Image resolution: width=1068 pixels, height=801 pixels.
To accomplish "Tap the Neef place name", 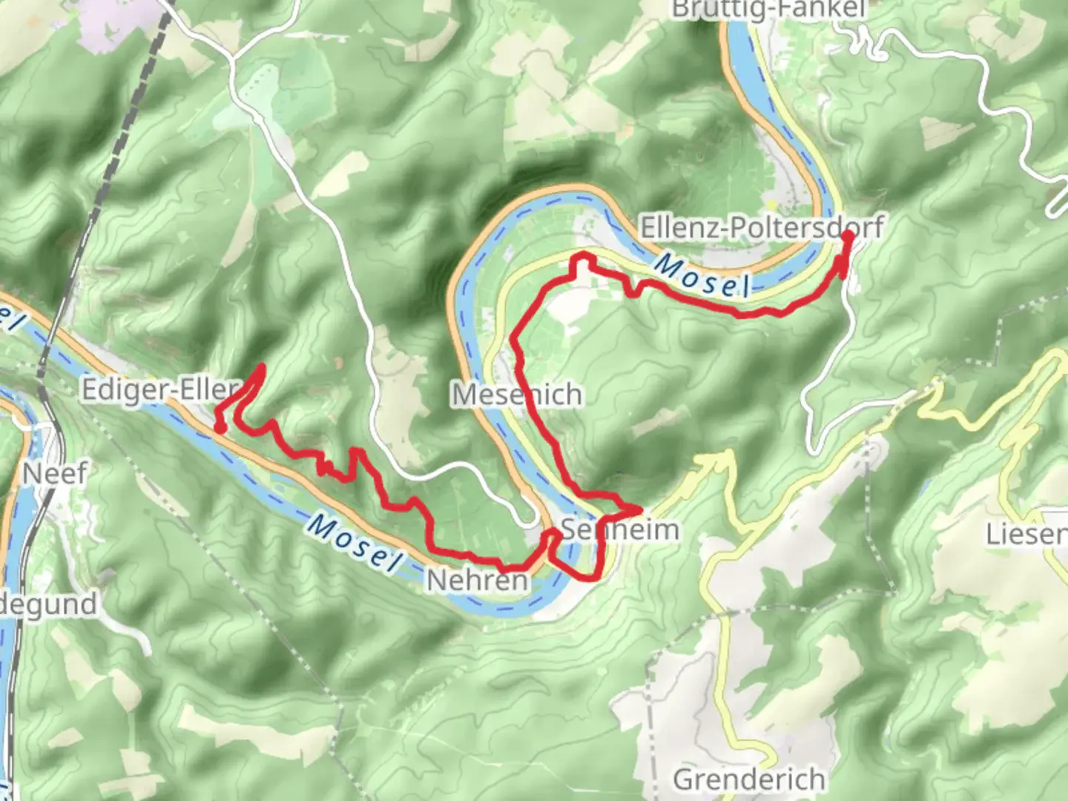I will pyautogui.click(x=56, y=472).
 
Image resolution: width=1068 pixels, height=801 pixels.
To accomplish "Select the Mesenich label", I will pyautogui.click(x=517, y=395).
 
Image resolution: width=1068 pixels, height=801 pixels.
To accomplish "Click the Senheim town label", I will pyautogui.click(x=620, y=530).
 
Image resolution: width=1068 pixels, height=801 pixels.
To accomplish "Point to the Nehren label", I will pyautogui.click(x=478, y=581).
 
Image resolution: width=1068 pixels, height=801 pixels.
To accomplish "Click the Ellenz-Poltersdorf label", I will pyautogui.click(x=761, y=228).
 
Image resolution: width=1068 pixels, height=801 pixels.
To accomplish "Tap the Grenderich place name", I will pyautogui.click(x=749, y=779).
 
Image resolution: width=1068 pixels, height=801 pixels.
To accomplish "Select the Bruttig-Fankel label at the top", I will pyautogui.click(x=768, y=9).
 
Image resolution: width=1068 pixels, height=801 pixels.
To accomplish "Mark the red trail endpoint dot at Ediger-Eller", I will pyautogui.click(x=220, y=427).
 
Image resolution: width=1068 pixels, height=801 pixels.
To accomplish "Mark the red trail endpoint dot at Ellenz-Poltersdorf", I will pyautogui.click(x=847, y=236).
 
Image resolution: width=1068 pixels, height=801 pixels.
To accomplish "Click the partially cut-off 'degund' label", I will pyautogui.click(x=48, y=604).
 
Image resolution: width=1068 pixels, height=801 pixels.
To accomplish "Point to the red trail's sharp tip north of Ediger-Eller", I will pyautogui.click(x=261, y=366).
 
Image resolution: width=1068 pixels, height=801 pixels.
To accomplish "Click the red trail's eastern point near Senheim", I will pyautogui.click(x=639, y=510).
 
